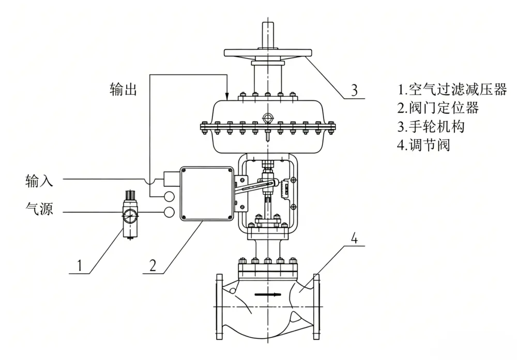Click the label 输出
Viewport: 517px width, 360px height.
(123, 89)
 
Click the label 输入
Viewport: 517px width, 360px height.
(39, 181)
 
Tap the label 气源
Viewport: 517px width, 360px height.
(39, 208)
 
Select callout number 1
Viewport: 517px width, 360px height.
(79, 265)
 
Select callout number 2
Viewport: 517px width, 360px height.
(153, 265)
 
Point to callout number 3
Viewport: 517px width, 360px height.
(354, 90)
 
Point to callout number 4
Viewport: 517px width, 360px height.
(354, 238)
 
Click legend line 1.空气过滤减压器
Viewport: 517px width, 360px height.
(452, 89)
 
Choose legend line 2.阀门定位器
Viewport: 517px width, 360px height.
(438, 108)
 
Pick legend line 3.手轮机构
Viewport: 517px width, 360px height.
(431, 126)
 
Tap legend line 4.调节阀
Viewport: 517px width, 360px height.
(424, 145)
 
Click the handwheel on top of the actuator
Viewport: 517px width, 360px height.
(268, 53)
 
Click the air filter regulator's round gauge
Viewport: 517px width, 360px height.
(129, 216)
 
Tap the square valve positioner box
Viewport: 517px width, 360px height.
(207, 193)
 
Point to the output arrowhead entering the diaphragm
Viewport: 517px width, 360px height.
(227, 96)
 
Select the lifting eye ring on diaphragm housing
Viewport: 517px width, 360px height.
(267, 118)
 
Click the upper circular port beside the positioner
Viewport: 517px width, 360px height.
(169, 196)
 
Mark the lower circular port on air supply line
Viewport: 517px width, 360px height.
(169, 212)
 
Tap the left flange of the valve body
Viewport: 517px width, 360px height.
(220, 307)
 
